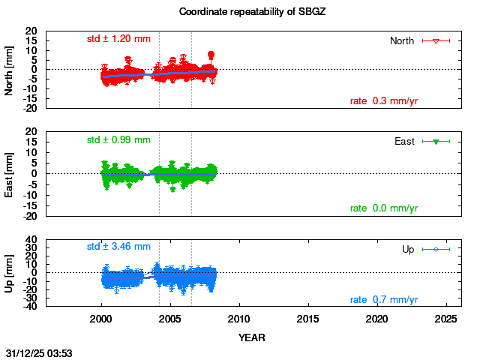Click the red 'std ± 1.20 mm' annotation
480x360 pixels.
click(118, 39)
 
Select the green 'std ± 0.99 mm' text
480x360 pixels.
click(118, 139)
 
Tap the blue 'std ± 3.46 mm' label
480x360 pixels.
click(118, 246)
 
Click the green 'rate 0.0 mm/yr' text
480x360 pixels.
click(384, 208)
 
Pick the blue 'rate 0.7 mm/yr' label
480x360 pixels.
click(384, 300)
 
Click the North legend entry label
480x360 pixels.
click(402, 40)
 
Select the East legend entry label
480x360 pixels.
click(405, 141)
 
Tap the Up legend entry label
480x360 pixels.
click(408, 249)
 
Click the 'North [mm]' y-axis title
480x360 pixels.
click(10, 70)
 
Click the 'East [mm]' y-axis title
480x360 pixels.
click(10, 173)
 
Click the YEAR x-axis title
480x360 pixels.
click(251, 337)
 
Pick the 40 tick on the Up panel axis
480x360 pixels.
click(32, 241)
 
